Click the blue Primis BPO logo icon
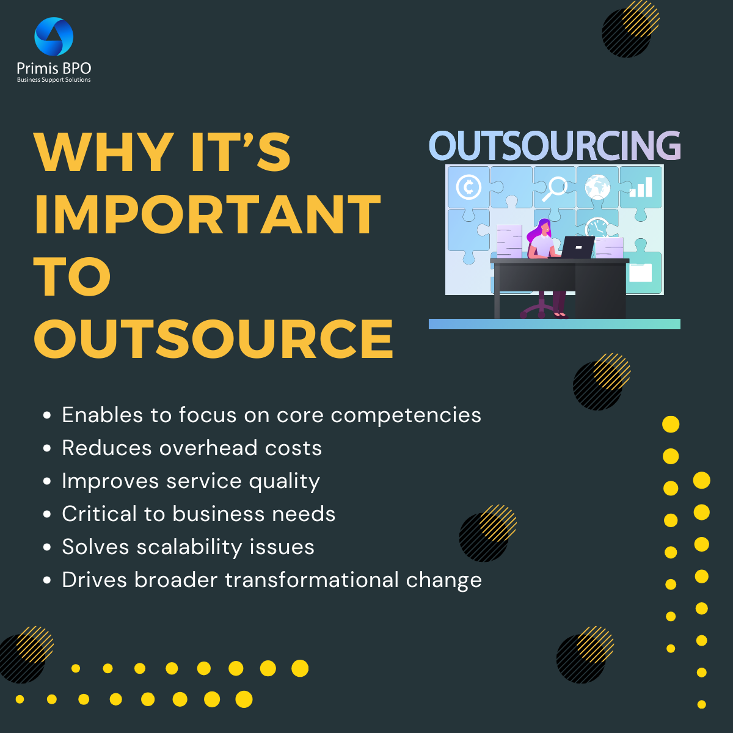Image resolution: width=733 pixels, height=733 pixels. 54,37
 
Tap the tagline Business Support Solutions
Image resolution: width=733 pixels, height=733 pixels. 54,80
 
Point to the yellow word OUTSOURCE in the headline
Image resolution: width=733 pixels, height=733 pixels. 214,339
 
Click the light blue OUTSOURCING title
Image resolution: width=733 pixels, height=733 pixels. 555,146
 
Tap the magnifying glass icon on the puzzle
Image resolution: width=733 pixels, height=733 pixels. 555,187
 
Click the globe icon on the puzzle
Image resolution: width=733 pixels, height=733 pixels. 597,187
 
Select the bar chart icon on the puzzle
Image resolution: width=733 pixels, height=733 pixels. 641,188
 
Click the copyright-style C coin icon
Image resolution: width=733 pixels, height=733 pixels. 469,187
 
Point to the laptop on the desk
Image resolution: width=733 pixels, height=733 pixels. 577,247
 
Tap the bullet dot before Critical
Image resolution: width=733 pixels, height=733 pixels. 47,515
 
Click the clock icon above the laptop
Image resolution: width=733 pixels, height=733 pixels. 597,228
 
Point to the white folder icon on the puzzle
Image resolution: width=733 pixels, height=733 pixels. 640,272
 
